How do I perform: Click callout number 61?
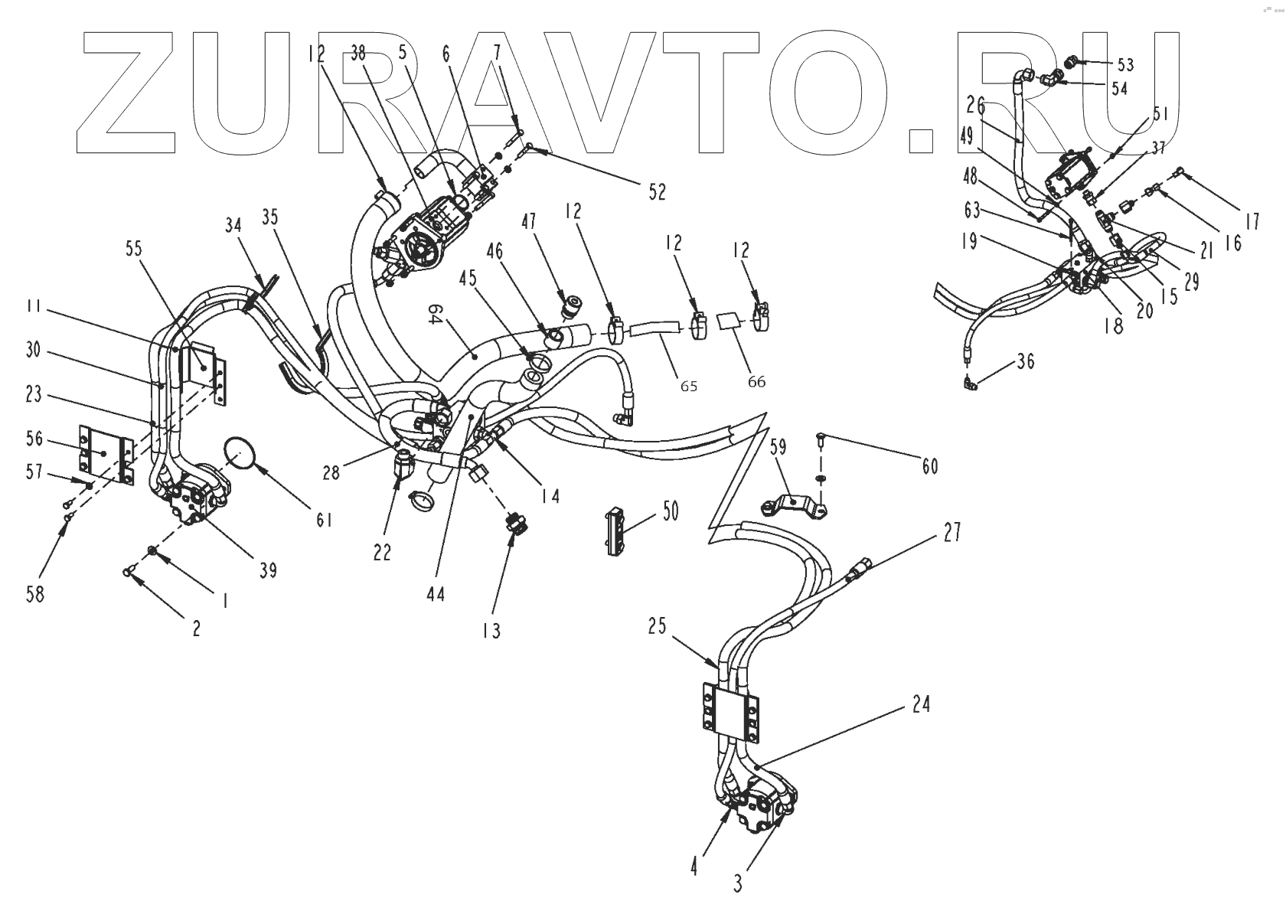(325, 520)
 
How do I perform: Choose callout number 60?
(929, 466)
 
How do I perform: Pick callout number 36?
(1027, 361)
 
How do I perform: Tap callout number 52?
(657, 191)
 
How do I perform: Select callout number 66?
(756, 380)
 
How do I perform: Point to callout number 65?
(689, 386)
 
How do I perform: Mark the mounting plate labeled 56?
(104, 454)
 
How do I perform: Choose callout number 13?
(491, 630)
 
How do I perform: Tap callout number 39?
(268, 570)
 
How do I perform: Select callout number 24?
(922, 703)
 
